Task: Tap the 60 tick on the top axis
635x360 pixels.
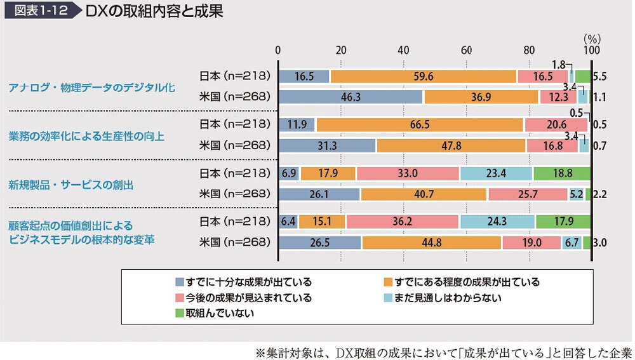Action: point(466,50)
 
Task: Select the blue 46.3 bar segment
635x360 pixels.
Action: point(351,97)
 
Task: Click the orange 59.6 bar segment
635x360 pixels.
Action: point(423,76)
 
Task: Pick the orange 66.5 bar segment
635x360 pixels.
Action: point(420,124)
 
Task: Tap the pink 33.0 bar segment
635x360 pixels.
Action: point(408,173)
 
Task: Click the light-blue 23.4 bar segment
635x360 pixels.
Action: point(496,173)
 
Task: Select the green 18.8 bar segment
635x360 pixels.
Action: point(562,173)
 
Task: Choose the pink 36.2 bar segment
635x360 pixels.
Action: point(403,221)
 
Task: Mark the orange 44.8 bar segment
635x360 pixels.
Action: point(431,243)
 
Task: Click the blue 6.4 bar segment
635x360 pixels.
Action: point(288,221)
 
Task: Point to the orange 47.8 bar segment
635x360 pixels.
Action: point(451,145)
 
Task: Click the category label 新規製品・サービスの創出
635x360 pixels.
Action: point(71,185)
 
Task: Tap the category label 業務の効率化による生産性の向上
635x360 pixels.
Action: point(86,135)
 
